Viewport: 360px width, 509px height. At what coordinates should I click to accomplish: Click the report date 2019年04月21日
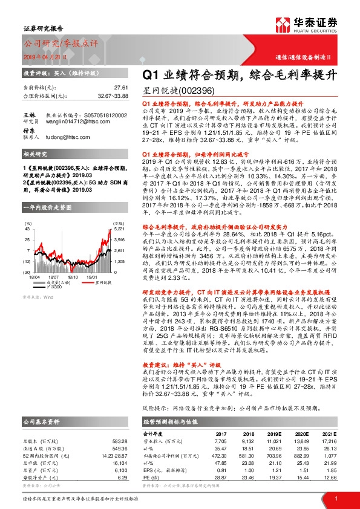(43, 56)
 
